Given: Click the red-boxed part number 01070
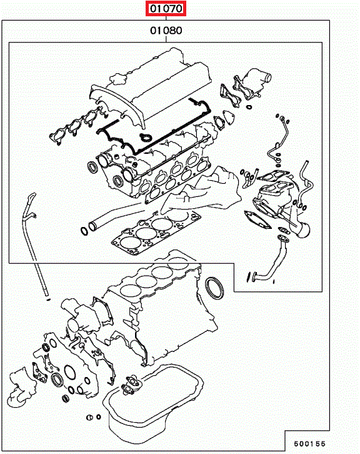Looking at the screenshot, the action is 166,9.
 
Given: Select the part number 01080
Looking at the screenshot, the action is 166,31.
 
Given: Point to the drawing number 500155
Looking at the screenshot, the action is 309,443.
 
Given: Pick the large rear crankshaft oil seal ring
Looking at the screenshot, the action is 214,288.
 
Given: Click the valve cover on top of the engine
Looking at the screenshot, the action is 151,87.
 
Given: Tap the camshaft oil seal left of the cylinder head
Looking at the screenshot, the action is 93,168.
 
